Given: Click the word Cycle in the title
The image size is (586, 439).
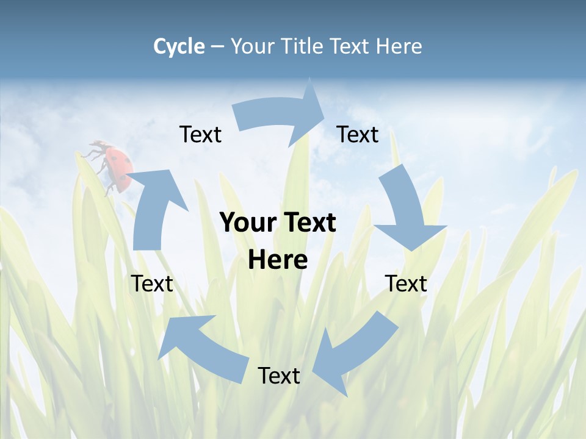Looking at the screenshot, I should [x=179, y=46].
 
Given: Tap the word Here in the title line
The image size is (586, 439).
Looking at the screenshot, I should [x=399, y=46].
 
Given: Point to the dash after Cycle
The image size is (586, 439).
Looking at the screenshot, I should [x=217, y=46].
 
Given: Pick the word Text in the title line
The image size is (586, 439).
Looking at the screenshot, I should [x=350, y=46].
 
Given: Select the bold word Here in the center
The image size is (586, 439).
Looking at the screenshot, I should [x=278, y=260].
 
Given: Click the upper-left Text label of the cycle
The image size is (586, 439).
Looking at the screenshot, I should [x=200, y=134].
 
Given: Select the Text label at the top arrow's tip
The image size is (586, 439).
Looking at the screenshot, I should [x=358, y=134].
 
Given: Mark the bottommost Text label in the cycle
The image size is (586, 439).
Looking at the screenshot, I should [x=279, y=376].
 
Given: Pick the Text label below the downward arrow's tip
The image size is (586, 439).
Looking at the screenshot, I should [x=406, y=284].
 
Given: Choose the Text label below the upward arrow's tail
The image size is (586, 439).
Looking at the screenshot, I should [x=152, y=284].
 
